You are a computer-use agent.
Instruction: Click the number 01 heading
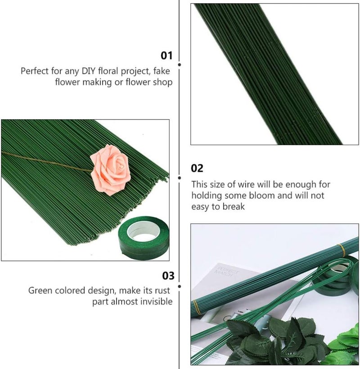click(x=166, y=55)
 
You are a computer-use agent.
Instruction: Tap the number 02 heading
click(x=197, y=168)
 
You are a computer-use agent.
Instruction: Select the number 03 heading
click(x=168, y=276)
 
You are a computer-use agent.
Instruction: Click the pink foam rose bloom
click(x=110, y=170)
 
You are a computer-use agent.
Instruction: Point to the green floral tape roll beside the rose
click(x=144, y=238)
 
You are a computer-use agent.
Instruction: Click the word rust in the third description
click(x=162, y=291)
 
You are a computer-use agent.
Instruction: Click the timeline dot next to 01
click(x=180, y=64)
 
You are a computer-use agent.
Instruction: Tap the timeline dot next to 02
click(x=180, y=178)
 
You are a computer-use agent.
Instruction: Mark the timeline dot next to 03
click(x=180, y=287)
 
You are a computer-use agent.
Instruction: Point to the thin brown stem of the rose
click(x=46, y=161)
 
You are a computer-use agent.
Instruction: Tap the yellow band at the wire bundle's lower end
click(x=197, y=307)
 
